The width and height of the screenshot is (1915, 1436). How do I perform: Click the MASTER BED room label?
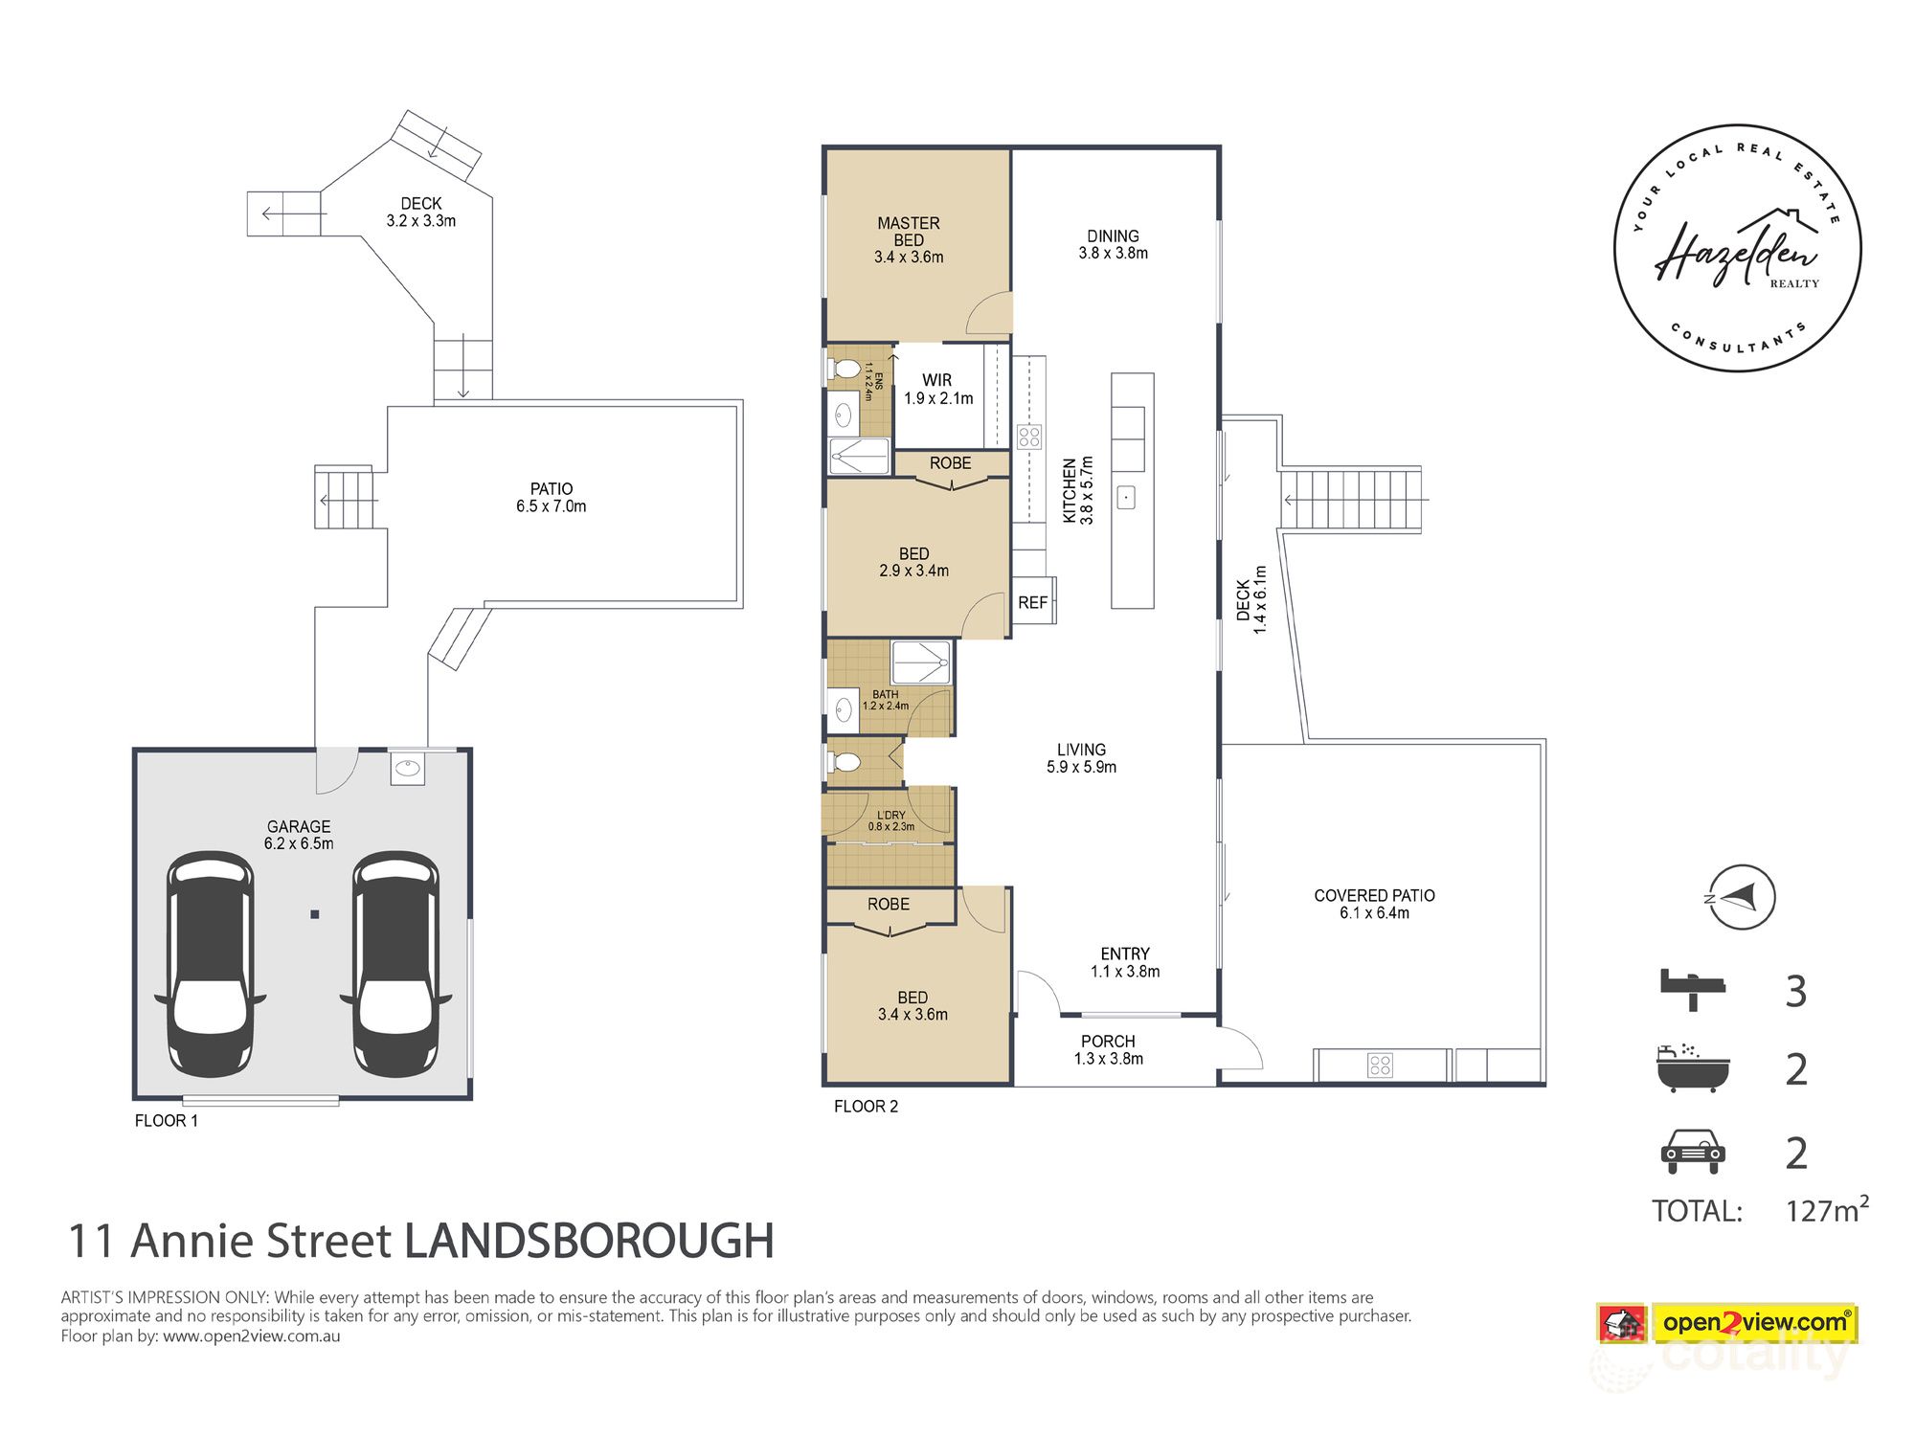click(908, 239)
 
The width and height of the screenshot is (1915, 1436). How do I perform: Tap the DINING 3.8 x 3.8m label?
click(1113, 244)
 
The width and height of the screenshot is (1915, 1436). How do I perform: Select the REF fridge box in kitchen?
click(1032, 602)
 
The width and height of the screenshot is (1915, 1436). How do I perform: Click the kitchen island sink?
click(1127, 498)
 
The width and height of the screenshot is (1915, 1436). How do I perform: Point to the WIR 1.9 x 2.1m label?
click(937, 389)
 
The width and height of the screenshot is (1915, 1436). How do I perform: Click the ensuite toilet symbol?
click(844, 368)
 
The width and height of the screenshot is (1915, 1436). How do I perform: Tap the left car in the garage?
click(210, 964)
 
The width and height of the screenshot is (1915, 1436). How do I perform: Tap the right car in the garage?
click(395, 964)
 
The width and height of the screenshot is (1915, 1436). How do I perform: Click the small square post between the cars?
click(314, 914)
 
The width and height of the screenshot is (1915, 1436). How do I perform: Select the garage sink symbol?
click(408, 768)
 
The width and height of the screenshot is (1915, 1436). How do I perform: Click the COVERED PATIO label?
click(1374, 904)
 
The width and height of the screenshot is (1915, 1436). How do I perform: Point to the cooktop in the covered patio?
click(1380, 1065)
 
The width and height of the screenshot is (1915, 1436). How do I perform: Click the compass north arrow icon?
click(1743, 898)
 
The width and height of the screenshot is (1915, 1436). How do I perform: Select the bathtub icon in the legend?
click(1692, 1068)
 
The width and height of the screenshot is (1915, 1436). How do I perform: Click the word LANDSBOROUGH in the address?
click(589, 1241)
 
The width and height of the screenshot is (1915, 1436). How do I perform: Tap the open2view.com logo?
click(1754, 1323)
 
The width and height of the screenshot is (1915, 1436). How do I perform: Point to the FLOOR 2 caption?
click(866, 1106)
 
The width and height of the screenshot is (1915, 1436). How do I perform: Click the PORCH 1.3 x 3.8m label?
click(1108, 1049)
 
